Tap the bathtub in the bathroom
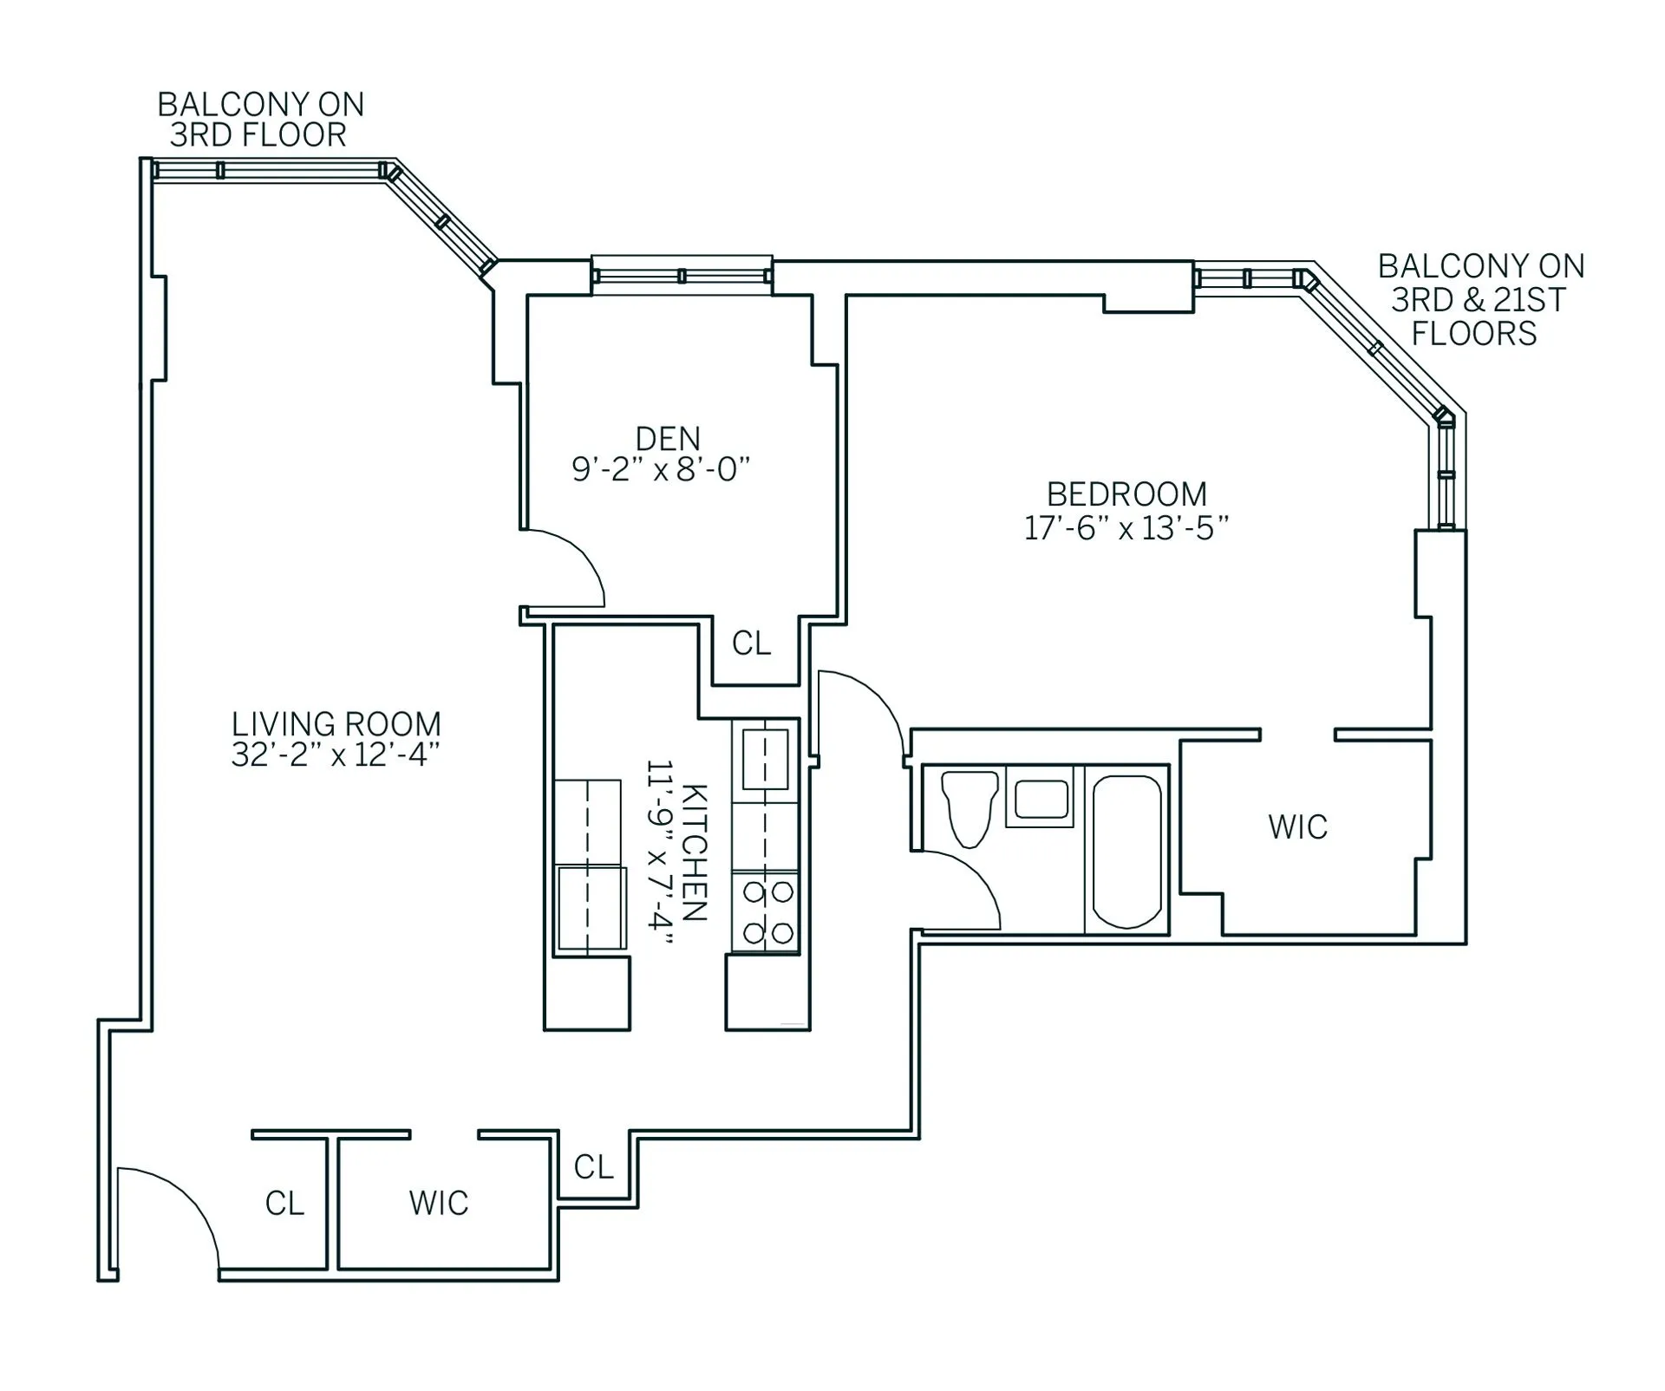[x=1126, y=851]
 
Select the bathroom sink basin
[x=1041, y=799]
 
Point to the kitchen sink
[x=765, y=759]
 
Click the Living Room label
[x=336, y=724]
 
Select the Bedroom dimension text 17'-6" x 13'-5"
[x=1126, y=528]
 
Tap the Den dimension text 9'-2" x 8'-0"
[x=660, y=469]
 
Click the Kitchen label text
[x=695, y=852]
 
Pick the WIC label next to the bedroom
[x=1297, y=827]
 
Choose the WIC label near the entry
[x=439, y=1203]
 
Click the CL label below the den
[x=751, y=643]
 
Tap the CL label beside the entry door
[x=284, y=1203]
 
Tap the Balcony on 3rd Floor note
[x=260, y=120]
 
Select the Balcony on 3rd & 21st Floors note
[x=1480, y=299]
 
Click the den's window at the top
[x=682, y=276]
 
